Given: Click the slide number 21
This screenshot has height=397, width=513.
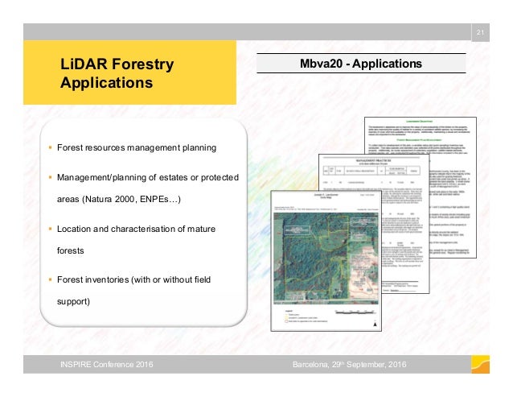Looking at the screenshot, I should tap(480, 32).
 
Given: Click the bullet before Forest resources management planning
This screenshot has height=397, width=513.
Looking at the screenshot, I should tap(50, 148).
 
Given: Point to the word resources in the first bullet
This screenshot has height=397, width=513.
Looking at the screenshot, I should tap(105, 148).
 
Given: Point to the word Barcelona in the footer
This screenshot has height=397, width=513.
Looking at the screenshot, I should tap(310, 367).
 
